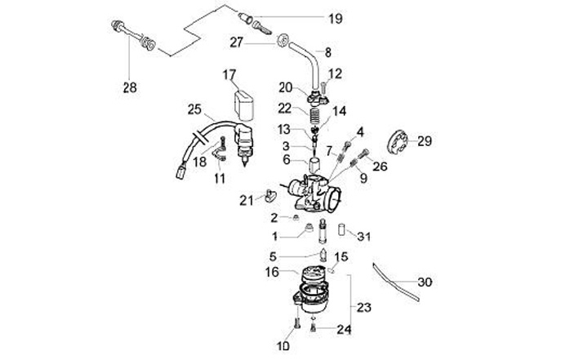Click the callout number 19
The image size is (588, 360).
tap(336, 19)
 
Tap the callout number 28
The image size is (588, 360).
tap(130, 87)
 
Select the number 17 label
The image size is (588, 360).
tap(229, 74)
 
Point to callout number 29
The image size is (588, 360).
tap(425, 141)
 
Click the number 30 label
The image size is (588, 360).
tap(425, 282)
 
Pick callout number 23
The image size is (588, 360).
tap(363, 308)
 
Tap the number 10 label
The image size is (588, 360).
tap(283, 346)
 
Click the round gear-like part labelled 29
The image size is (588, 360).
tap(397, 142)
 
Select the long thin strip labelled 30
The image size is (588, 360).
tap(395, 282)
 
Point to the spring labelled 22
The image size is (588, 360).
tap(316, 114)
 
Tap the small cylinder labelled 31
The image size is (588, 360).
tap(341, 230)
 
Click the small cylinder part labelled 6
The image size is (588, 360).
tap(313, 164)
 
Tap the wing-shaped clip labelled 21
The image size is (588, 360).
tap(269, 196)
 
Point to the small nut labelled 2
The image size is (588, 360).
tap(296, 217)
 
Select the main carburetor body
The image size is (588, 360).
tap(314, 193)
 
